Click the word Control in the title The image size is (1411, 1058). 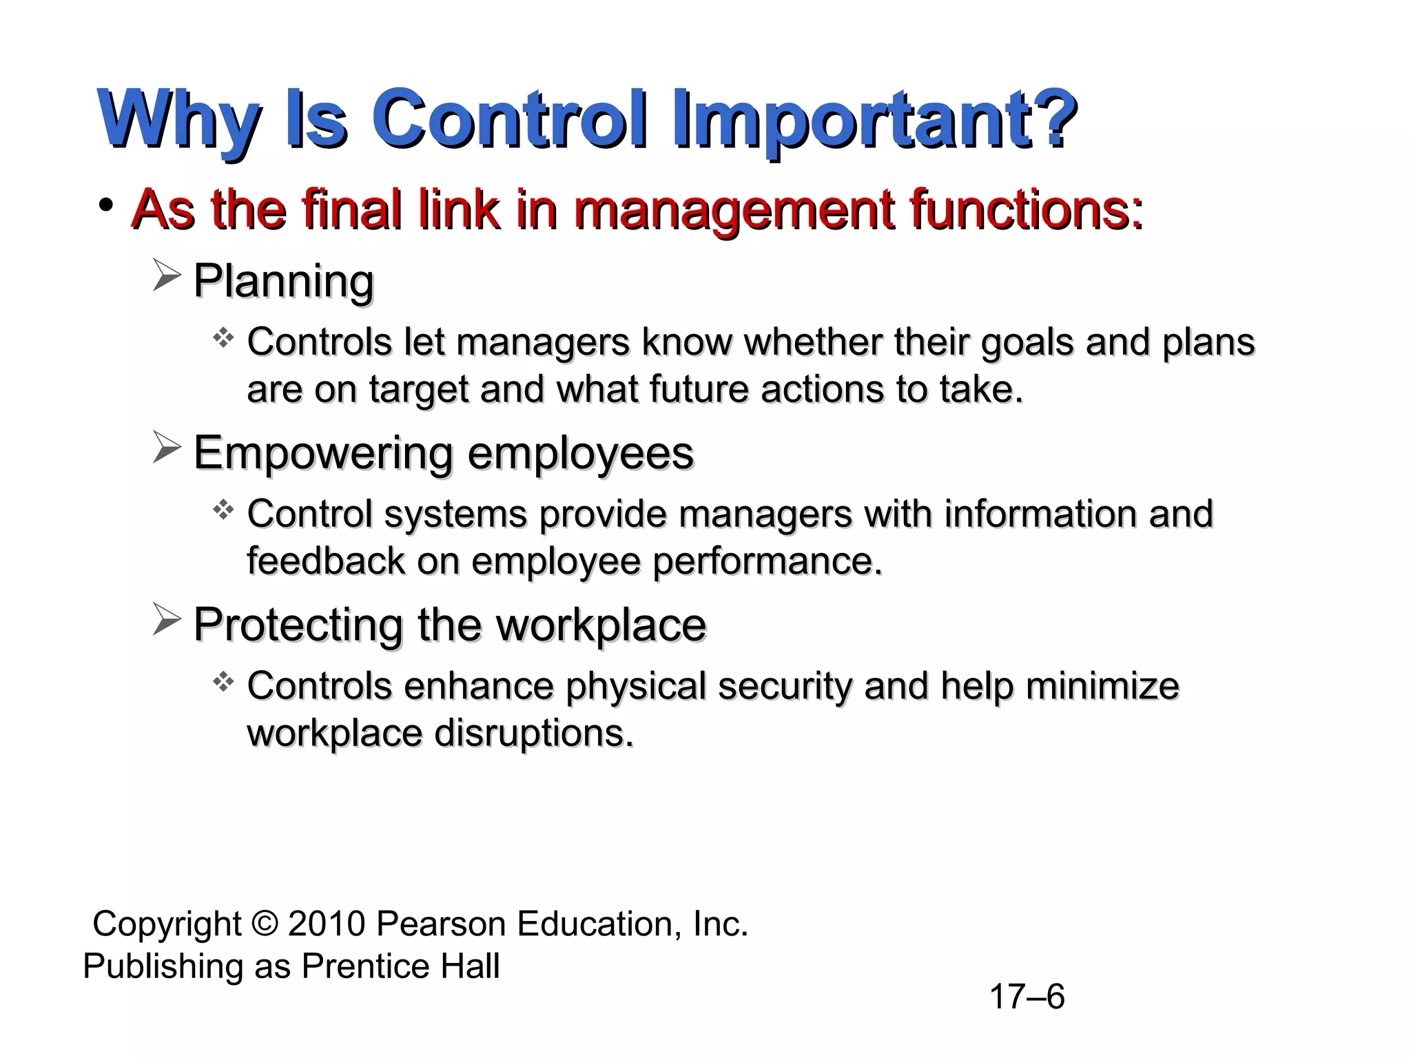click(513, 118)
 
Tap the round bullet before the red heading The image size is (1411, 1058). click(105, 205)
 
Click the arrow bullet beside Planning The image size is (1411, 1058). click(167, 277)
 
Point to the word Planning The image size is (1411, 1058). click(283, 281)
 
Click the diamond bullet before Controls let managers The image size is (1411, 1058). click(223, 338)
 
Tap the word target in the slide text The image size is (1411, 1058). click(419, 390)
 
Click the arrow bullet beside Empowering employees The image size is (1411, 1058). click(167, 448)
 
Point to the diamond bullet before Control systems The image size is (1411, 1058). click(223, 510)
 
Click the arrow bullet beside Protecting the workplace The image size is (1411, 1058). click(167, 620)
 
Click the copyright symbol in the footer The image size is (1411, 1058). click(264, 924)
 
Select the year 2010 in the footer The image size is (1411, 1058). click(326, 924)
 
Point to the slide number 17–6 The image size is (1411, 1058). click(1026, 997)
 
